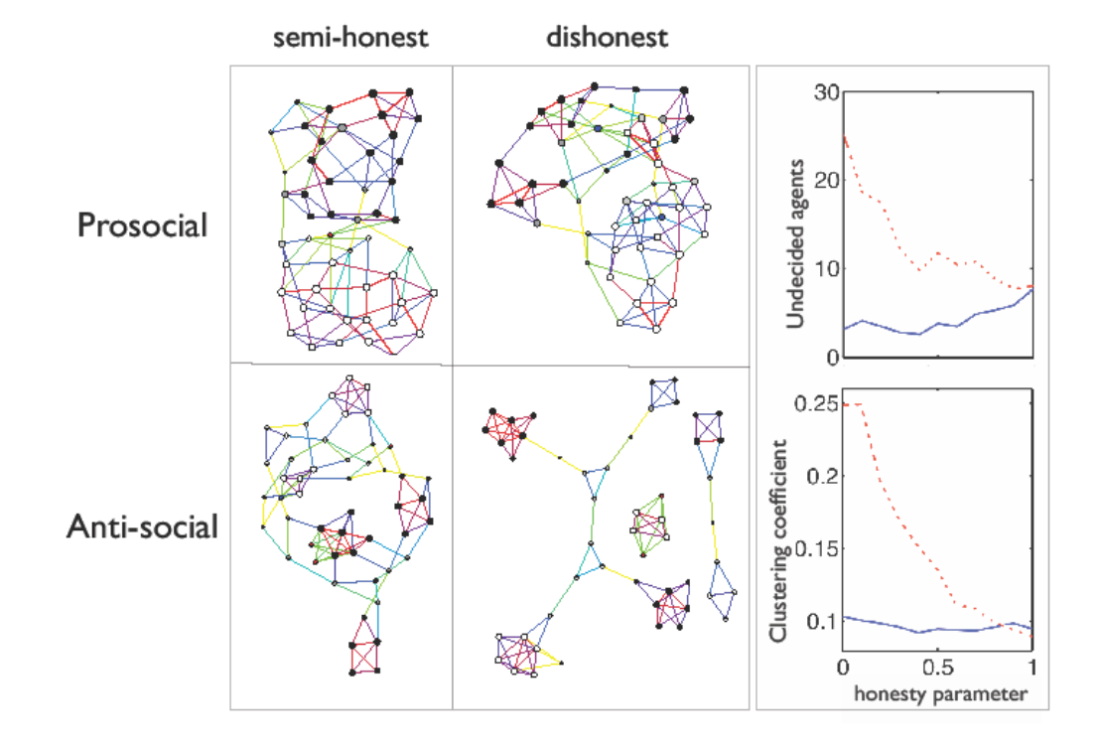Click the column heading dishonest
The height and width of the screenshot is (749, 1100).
tap(608, 40)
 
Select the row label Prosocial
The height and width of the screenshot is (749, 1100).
tap(143, 225)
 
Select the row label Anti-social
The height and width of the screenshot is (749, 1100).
tap(142, 526)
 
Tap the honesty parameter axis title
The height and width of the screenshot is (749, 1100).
tap(939, 694)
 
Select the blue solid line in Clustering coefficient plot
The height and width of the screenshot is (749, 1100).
tap(933, 630)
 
